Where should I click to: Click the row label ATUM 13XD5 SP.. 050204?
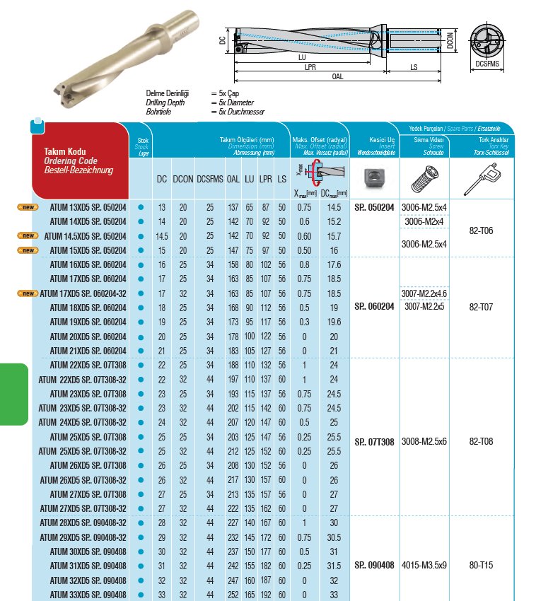point(88,207)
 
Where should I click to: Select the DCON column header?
point(184,180)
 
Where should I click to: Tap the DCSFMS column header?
point(210,180)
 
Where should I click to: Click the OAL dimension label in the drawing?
point(337,76)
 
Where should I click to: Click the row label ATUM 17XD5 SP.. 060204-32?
point(83,293)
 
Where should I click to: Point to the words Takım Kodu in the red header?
point(65,152)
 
